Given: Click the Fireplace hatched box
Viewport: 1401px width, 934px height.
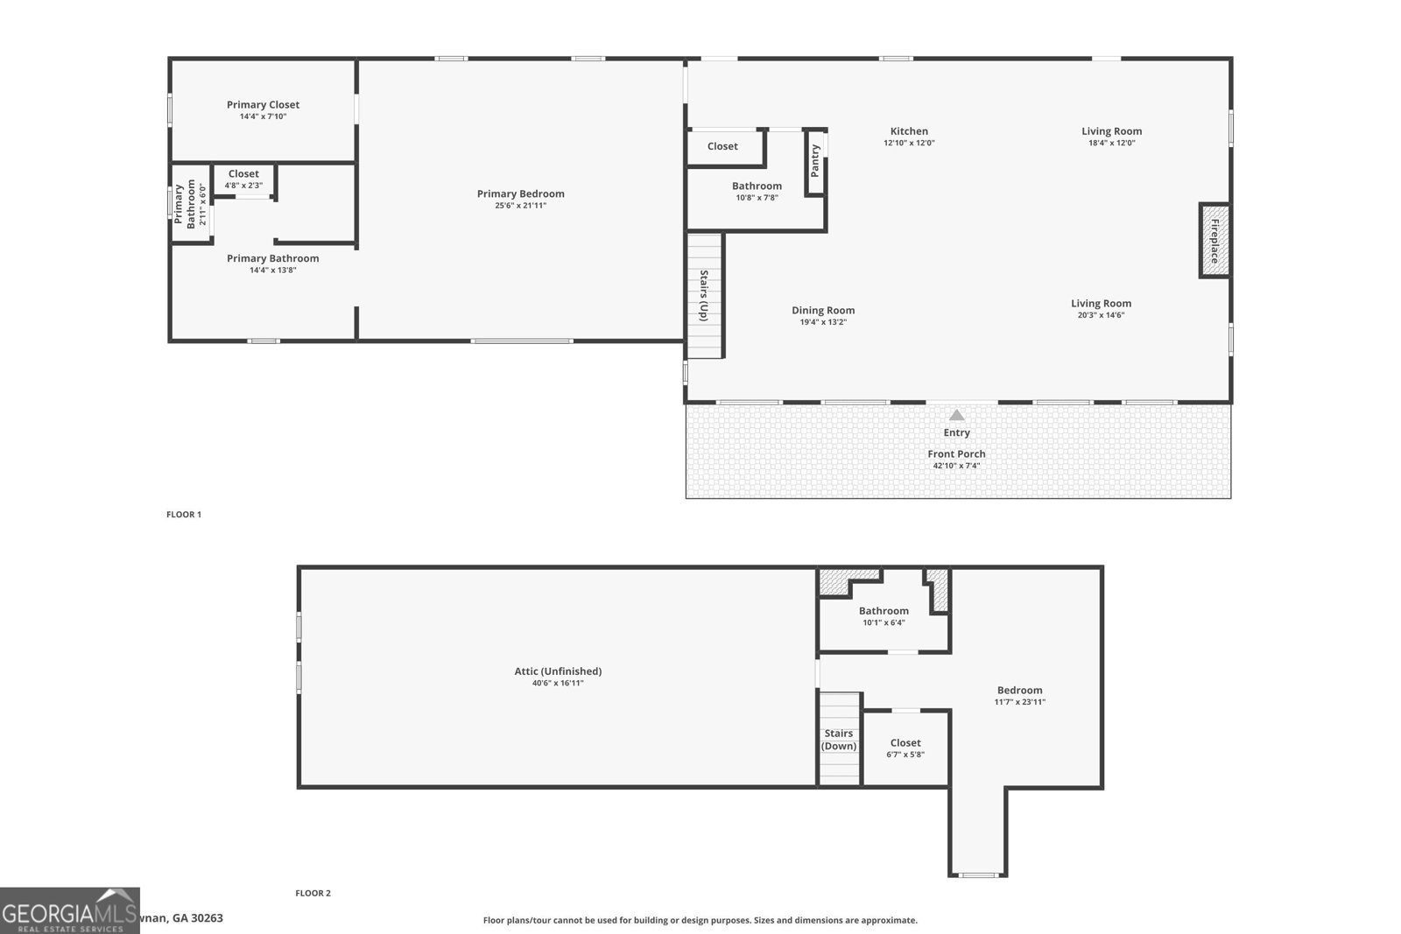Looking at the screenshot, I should coord(1214,241).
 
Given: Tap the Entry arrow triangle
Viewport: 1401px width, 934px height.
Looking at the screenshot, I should coord(957,415).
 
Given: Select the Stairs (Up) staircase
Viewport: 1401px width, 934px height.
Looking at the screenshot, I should coord(704,296).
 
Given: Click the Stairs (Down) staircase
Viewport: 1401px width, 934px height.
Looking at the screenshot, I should coord(839,740).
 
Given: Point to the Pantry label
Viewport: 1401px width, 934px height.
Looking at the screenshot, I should coord(815,161).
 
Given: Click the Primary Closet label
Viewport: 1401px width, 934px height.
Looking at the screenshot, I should coord(263,105).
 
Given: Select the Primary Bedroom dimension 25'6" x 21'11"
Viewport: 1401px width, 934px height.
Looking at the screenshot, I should coord(520,206).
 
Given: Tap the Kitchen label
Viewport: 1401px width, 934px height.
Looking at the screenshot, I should coord(909,131).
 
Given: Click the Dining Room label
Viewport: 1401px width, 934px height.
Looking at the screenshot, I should coord(823,311).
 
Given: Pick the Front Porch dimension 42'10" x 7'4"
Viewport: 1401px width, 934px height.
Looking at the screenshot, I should coord(956,466).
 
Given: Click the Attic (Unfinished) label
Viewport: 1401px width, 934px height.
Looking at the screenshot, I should coord(558,671).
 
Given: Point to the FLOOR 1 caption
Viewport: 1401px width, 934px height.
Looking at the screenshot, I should coord(184,515).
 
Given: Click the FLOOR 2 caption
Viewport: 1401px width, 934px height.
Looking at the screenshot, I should coord(313,894).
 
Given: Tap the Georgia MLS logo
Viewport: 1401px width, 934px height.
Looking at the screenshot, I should coord(70,910).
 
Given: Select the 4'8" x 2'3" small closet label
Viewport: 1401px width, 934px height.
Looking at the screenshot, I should coord(243,186).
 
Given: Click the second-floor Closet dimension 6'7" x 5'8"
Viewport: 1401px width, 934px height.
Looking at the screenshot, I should coord(905,755).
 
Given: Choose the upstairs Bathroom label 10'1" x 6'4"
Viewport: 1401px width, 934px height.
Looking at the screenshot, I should coord(884,611).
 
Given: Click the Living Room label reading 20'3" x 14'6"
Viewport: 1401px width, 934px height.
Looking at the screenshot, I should coord(1101,304).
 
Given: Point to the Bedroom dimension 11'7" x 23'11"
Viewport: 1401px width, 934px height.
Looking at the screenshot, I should coord(1019,702).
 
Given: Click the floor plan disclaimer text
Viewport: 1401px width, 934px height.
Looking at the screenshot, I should coord(700,920).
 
